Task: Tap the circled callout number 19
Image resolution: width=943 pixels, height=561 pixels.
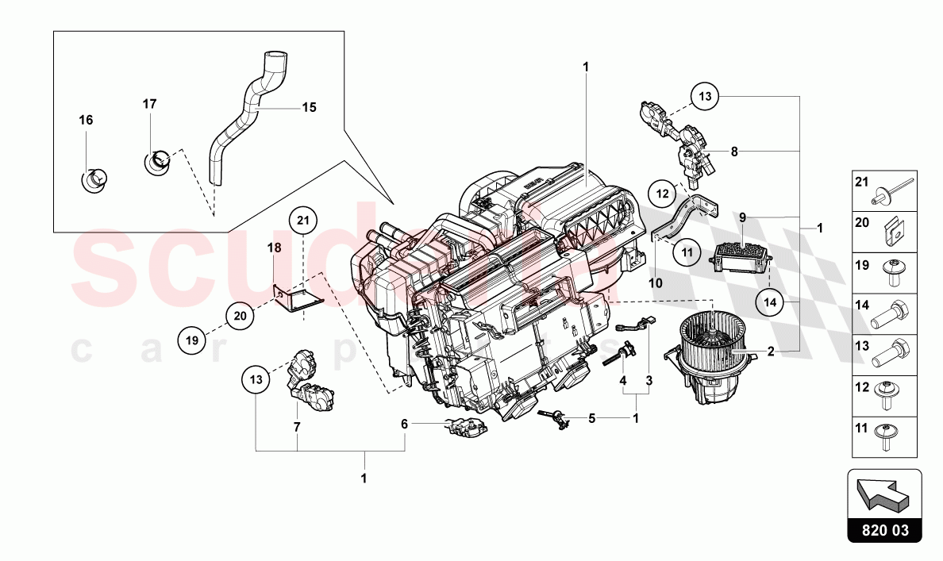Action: click(191, 340)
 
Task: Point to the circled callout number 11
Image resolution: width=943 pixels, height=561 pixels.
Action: click(687, 254)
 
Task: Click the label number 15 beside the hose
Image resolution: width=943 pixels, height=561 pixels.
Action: click(309, 106)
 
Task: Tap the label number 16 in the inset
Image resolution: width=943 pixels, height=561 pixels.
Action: click(86, 120)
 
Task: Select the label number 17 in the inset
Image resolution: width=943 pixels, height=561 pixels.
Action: click(150, 104)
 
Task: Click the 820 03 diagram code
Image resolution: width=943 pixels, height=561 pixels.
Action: click(883, 528)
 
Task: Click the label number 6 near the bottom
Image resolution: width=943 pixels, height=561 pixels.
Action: click(404, 425)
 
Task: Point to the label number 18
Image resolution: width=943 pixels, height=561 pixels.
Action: click(273, 248)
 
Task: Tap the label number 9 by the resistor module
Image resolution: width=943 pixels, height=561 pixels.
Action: click(742, 216)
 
